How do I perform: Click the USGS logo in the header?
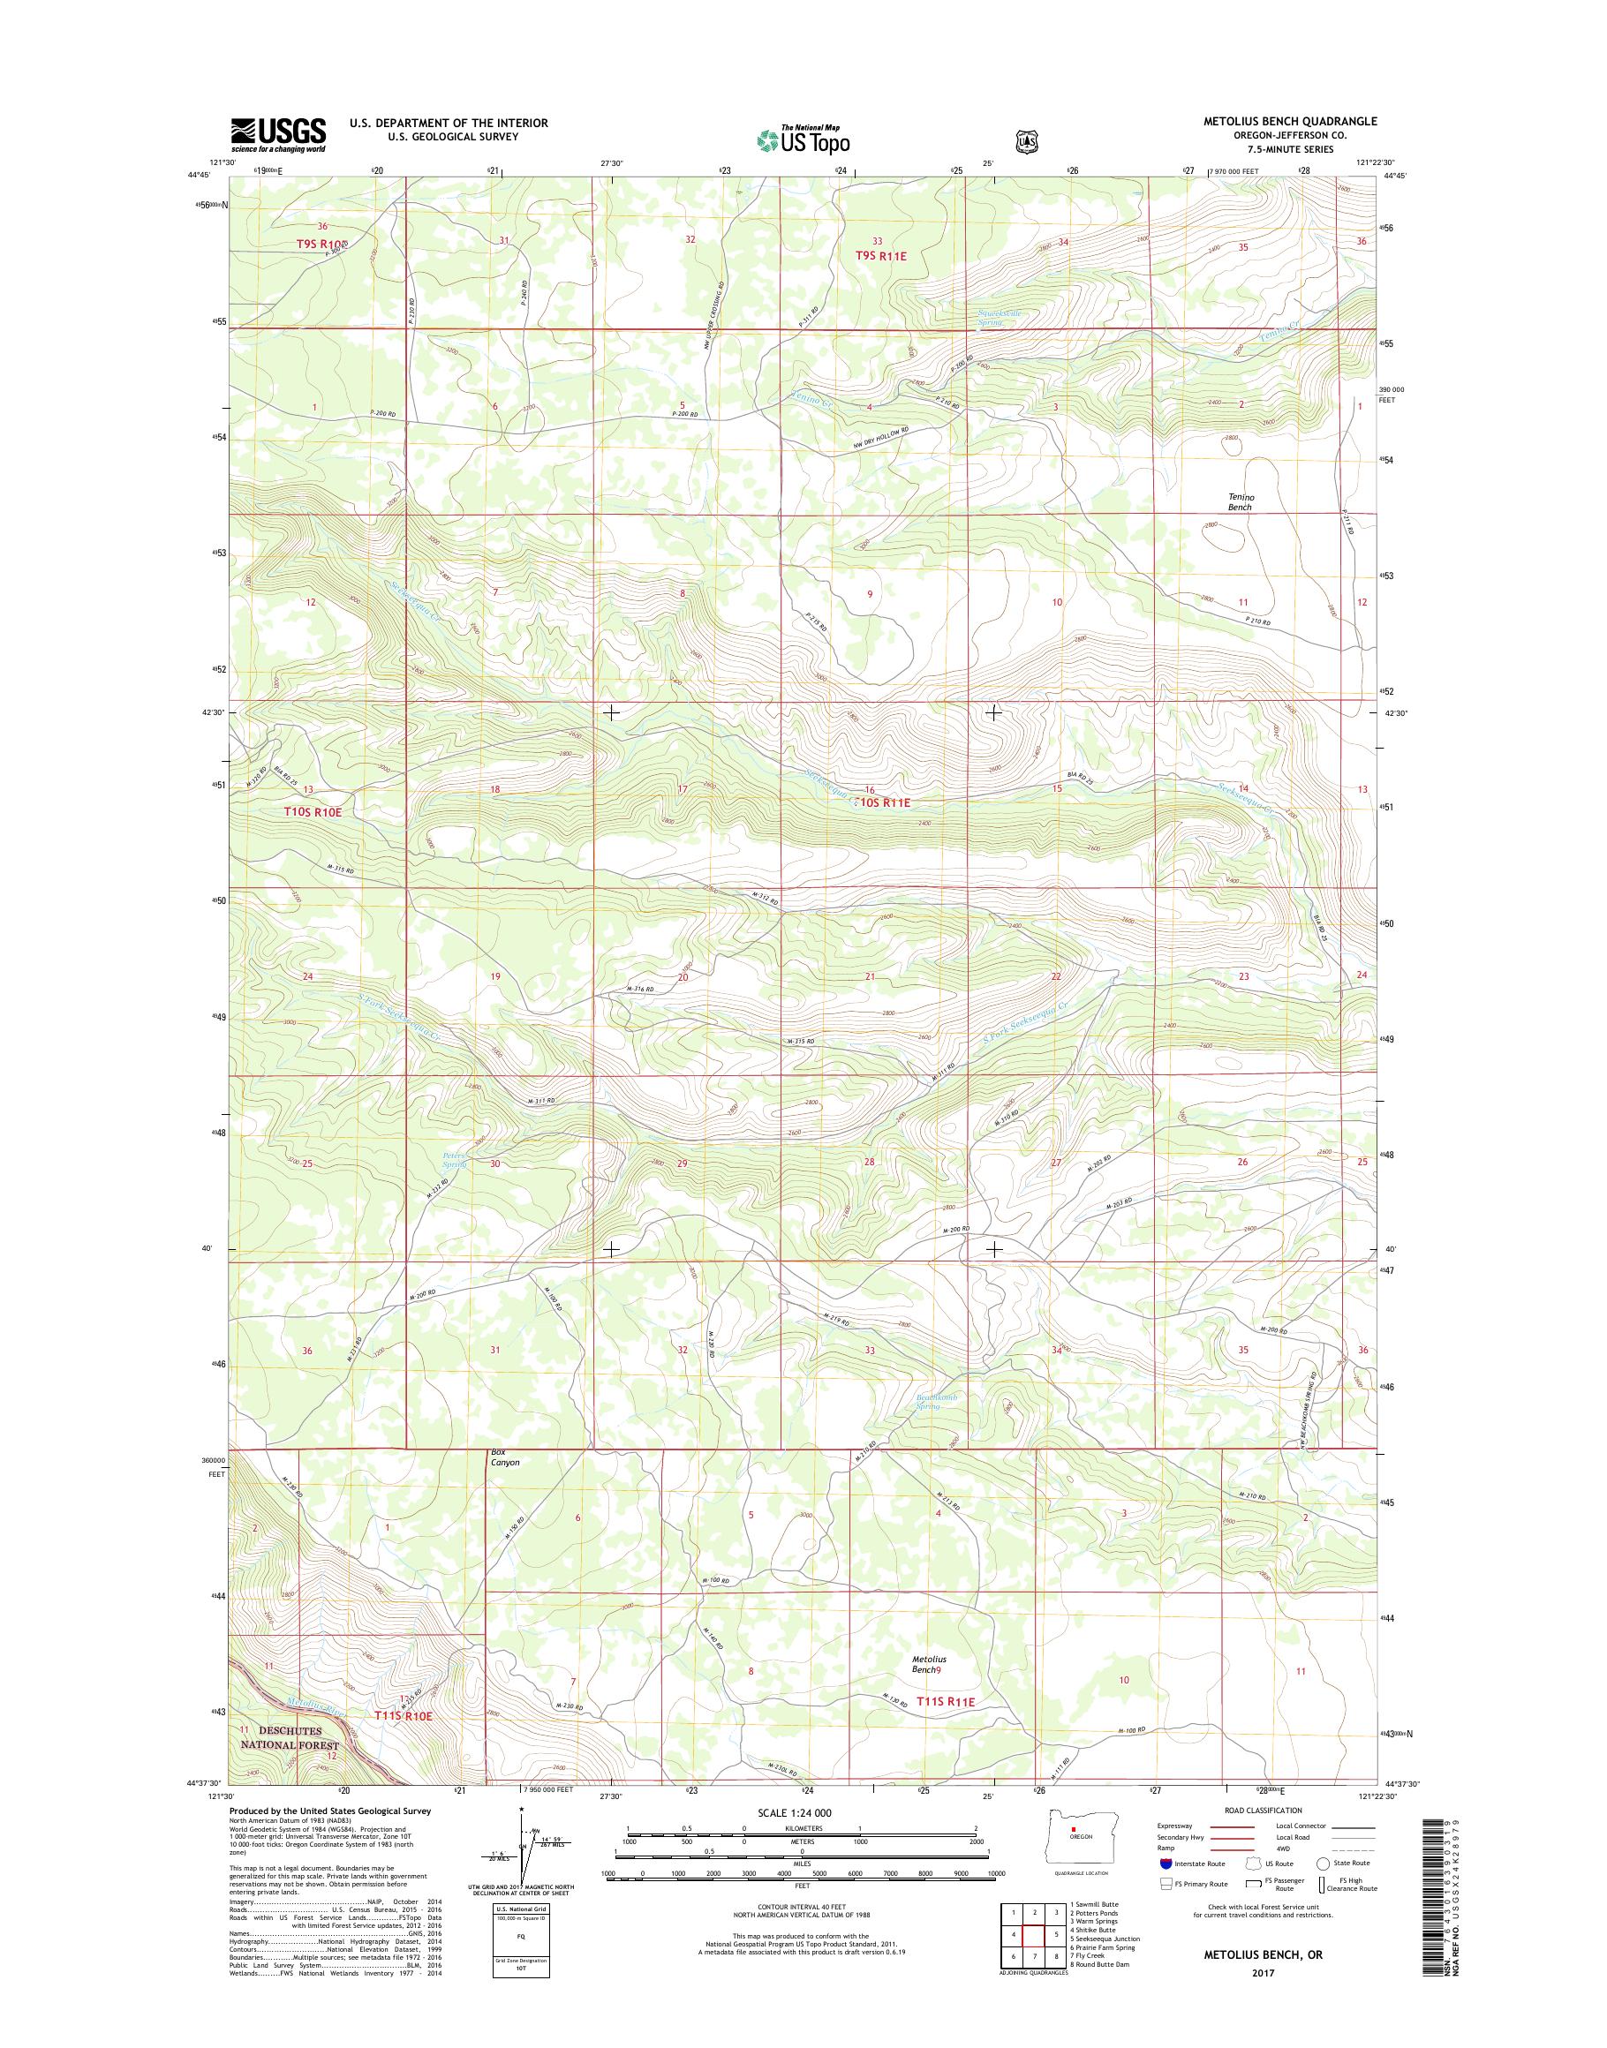278,134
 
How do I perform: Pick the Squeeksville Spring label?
1006,317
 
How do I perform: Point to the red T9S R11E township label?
885,255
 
